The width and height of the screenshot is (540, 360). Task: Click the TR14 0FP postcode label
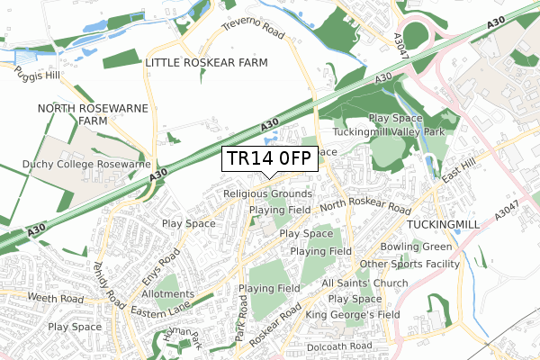[x=268, y=158]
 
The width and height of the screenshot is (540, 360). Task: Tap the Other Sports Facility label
[x=409, y=265]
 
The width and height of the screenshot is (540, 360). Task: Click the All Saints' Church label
[x=364, y=283]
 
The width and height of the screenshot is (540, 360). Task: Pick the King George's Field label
[x=352, y=315]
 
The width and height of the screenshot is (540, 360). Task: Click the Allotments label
[x=167, y=293]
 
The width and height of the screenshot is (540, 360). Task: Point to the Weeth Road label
[x=55, y=298]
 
